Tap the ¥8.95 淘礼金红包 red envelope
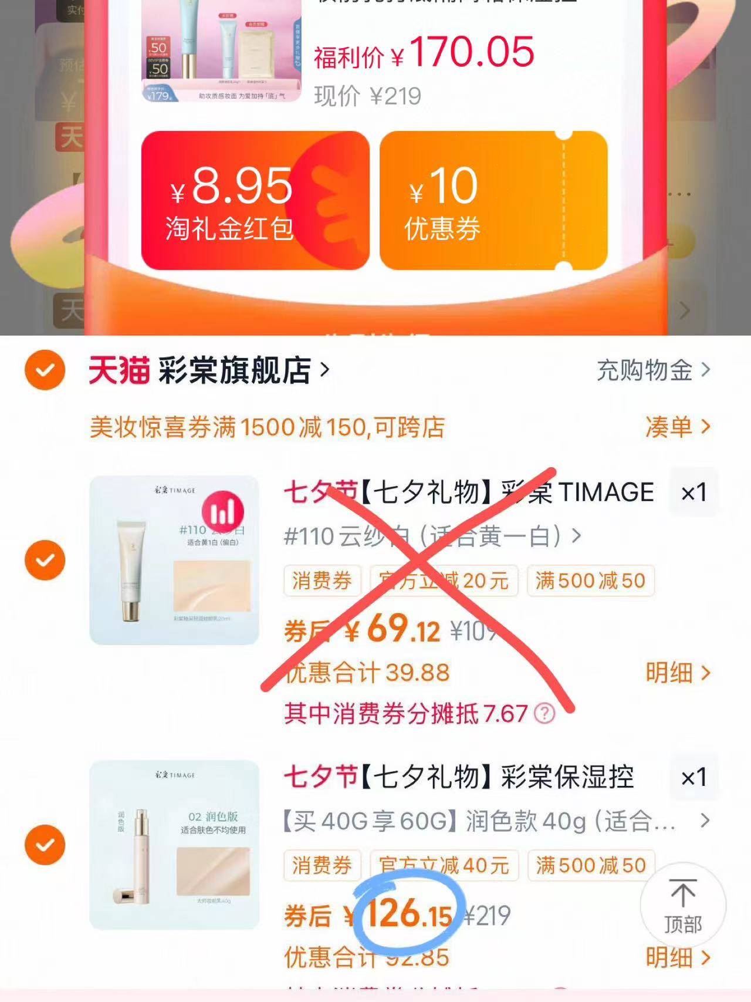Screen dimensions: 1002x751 [x=255, y=200]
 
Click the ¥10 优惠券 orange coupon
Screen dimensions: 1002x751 [x=493, y=200]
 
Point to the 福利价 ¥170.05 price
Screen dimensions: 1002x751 [x=424, y=53]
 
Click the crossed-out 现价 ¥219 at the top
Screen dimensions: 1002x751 [x=368, y=96]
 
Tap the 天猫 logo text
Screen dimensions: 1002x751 [x=119, y=370]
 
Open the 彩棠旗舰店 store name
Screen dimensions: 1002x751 [x=235, y=370]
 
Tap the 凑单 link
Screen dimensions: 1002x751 [x=677, y=427]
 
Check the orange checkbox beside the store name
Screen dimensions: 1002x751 [x=45, y=370]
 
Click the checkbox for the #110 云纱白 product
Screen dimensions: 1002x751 [x=45, y=560]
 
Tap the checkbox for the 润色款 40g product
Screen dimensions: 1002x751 [x=45, y=845]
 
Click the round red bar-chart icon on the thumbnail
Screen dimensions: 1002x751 [x=223, y=512]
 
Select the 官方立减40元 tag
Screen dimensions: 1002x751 [x=444, y=865]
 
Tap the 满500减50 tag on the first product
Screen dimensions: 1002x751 [x=590, y=581]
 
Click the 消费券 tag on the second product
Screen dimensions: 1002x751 [x=322, y=865]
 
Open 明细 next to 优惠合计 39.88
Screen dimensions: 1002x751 [x=677, y=673]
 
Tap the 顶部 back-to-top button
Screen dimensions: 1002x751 [x=682, y=906]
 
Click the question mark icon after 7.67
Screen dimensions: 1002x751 [x=544, y=714]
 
